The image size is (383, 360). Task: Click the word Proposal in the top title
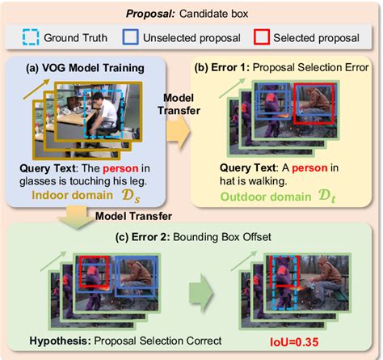pos(151,13)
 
